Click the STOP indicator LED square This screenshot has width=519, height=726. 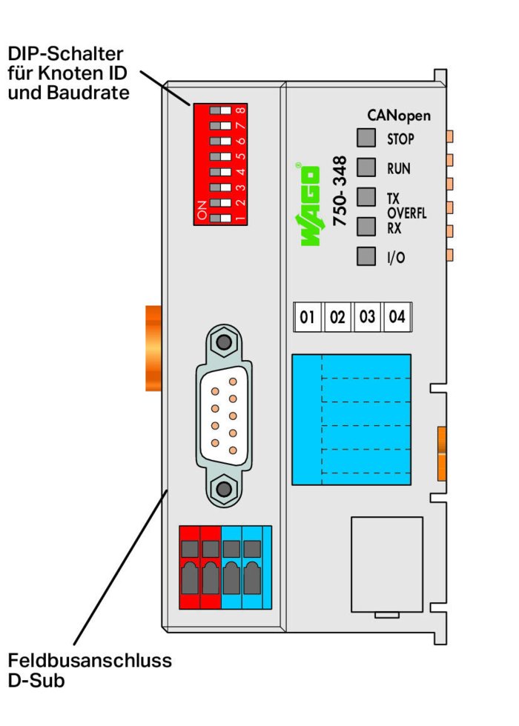(x=366, y=138)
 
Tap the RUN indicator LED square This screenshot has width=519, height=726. (x=366, y=167)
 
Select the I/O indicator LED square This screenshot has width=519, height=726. (x=366, y=256)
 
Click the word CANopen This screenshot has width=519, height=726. (x=399, y=116)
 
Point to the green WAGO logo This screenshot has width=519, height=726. (x=308, y=204)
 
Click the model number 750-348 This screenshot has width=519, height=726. (x=340, y=191)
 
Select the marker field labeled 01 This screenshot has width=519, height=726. (x=308, y=317)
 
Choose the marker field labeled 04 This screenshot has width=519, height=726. (x=397, y=317)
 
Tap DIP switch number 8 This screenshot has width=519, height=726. (x=221, y=110)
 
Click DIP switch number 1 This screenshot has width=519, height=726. (x=221, y=218)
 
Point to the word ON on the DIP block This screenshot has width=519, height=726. (x=202, y=210)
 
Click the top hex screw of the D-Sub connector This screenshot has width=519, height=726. (x=224, y=342)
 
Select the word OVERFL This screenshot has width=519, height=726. (x=407, y=213)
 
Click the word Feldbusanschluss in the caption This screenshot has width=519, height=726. (x=90, y=660)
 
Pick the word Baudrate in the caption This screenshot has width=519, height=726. (x=88, y=93)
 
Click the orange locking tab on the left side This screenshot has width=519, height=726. (x=153, y=348)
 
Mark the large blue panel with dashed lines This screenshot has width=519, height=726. (x=351, y=419)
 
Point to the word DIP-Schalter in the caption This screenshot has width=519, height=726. (x=65, y=54)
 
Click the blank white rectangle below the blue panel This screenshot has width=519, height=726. (x=387, y=565)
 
